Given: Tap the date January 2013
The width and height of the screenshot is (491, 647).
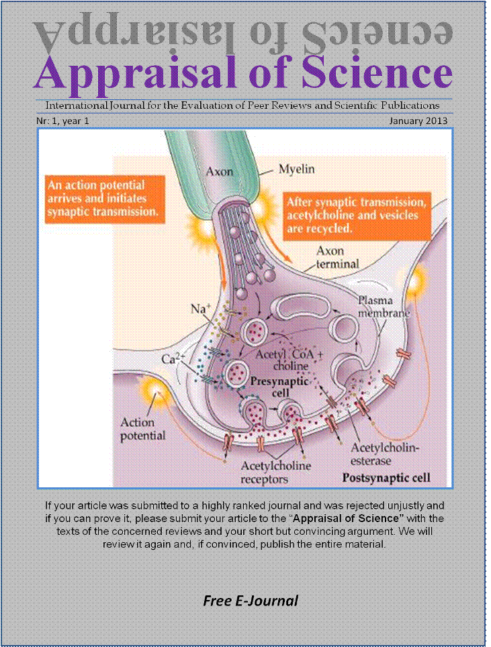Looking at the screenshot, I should tap(418, 121).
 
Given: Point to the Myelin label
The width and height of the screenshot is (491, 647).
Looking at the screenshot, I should tap(298, 170).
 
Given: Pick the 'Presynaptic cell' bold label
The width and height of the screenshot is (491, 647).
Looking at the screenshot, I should tap(279, 387).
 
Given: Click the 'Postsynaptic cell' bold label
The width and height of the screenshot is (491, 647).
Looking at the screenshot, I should tap(386, 479).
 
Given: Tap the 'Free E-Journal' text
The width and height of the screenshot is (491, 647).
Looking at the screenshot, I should tap(251, 601).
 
